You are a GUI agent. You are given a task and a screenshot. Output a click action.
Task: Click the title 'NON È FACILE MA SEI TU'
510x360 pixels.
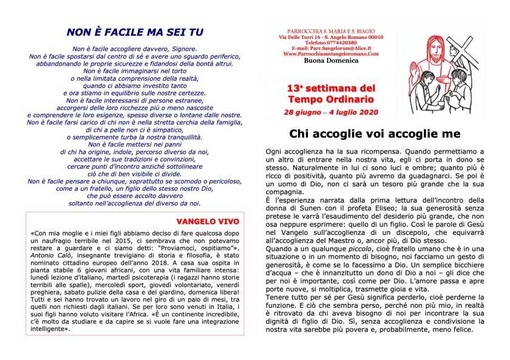point(135,32)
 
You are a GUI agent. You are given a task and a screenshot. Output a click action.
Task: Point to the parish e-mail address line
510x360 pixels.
point(330,49)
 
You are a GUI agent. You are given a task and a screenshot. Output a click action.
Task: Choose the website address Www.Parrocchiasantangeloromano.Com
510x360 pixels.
point(330,54)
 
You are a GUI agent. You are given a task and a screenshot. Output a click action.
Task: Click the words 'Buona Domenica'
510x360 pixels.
point(331,61)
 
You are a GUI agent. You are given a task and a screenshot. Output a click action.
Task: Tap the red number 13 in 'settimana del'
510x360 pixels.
point(294,89)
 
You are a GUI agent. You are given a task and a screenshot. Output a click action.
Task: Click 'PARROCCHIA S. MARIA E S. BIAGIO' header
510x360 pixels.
point(330,32)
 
